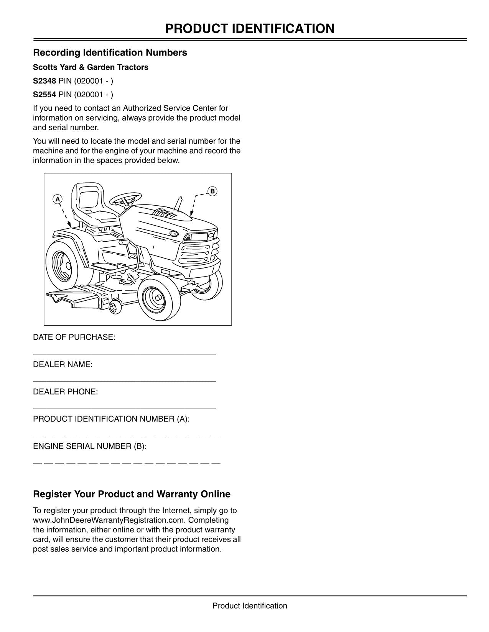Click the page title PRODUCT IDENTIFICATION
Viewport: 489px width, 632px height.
(x=250, y=29)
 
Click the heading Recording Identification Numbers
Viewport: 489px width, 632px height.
(x=110, y=52)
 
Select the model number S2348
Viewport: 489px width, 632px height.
(x=44, y=81)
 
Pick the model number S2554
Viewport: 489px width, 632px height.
(x=44, y=95)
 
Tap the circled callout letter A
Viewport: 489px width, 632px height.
(x=58, y=199)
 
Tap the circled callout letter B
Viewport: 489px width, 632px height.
(x=212, y=191)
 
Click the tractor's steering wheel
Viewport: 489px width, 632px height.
(x=125, y=198)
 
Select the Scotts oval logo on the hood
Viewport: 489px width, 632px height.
(x=174, y=233)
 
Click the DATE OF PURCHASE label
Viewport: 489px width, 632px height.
(x=74, y=337)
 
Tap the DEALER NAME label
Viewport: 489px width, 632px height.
(x=63, y=365)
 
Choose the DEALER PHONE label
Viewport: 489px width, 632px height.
(x=66, y=392)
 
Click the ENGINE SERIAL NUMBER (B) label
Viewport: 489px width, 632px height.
(x=90, y=446)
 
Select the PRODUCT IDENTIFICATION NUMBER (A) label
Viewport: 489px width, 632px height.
(x=111, y=419)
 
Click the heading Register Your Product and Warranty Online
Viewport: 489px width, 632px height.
(x=132, y=494)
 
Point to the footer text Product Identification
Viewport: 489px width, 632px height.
(x=250, y=606)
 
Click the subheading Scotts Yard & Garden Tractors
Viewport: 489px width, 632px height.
(x=91, y=67)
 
